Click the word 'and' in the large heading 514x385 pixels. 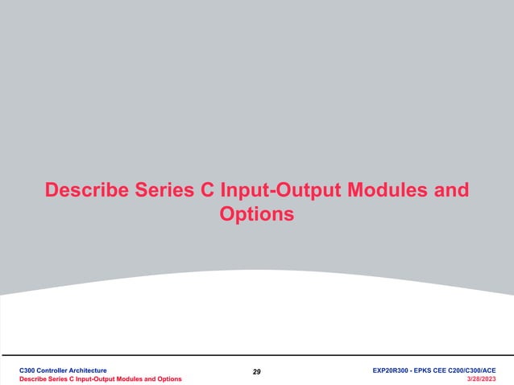450,192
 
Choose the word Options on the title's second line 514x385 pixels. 256,215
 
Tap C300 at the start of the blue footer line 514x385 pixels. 29,368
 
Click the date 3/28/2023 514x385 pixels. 481,378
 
